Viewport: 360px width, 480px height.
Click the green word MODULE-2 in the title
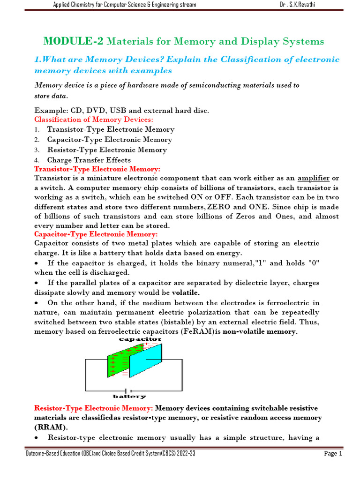pos(74,41)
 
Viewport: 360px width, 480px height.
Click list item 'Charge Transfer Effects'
pos(89,160)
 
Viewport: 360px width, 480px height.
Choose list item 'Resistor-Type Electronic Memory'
pos(107,150)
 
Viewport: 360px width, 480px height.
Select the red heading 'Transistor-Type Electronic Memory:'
pos(97,169)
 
